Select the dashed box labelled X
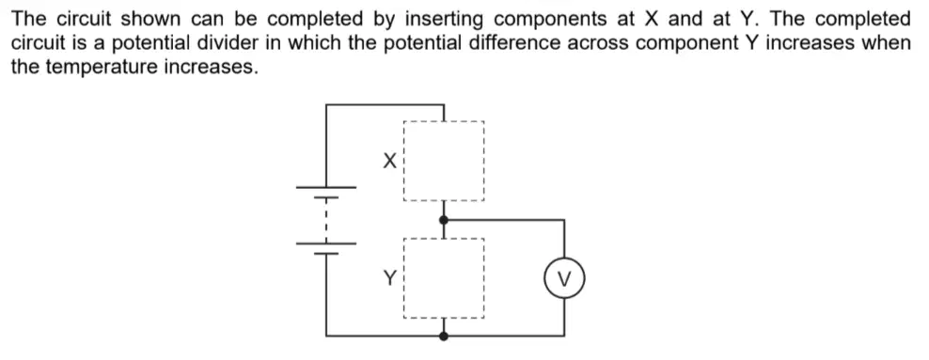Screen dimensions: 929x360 [x=403, y=161]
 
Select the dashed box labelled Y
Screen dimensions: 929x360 [x=403, y=278]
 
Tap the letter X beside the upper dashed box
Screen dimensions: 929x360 [x=389, y=161]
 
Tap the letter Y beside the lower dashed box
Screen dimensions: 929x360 [x=389, y=277]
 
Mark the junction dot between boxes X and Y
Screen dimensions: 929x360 [x=444, y=220]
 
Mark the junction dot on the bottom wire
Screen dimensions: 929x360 [x=444, y=337]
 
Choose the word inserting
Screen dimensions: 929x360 [x=445, y=20]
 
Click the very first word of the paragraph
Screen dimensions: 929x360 [x=29, y=20]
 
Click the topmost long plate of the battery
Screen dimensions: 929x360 [x=326, y=187]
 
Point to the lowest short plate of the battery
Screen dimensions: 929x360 [x=326, y=254]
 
